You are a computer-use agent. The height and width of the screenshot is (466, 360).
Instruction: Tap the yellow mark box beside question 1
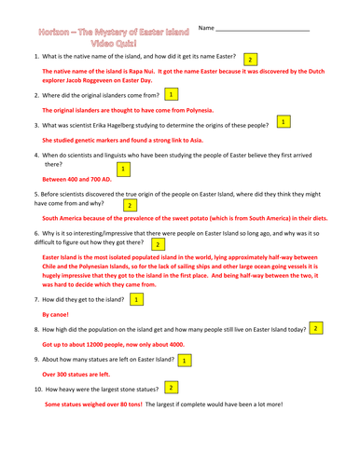pos(251,59)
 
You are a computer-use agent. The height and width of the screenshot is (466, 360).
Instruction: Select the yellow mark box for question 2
pos(171,95)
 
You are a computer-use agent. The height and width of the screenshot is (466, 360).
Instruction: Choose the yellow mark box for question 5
pos(130,204)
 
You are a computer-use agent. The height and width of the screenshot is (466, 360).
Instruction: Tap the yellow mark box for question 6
pos(159,243)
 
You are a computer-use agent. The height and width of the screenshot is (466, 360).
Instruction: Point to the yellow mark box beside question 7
pos(135,299)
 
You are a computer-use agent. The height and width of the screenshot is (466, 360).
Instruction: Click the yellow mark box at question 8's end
pos(316,329)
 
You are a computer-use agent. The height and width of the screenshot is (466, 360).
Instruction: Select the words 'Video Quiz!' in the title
pos(112,43)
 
